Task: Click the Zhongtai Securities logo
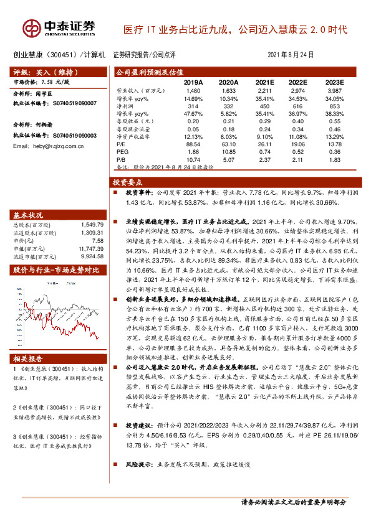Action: point(60,28)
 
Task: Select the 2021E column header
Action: point(264,82)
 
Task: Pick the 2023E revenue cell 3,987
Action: point(334,90)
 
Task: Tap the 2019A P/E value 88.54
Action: point(194,143)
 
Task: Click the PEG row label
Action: point(122,151)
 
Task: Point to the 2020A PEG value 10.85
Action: point(229,151)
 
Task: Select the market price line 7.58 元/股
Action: point(42,82)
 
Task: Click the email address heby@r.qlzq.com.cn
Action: point(48,146)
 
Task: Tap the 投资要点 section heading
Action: point(127,182)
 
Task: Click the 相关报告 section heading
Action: point(29,358)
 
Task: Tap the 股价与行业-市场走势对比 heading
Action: point(57,269)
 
